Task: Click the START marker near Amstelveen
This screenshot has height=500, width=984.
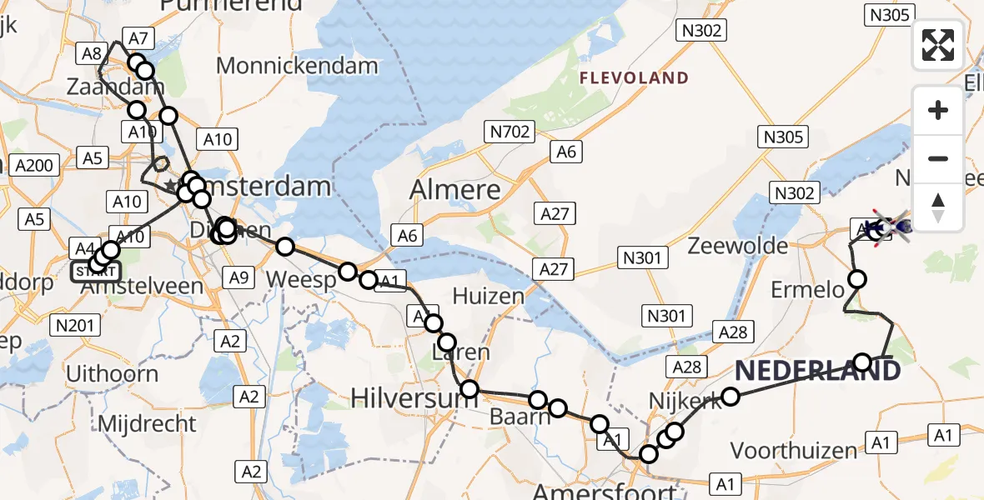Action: point(96,271)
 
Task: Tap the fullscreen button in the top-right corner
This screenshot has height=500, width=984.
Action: point(938,45)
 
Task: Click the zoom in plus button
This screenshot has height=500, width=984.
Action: point(938,110)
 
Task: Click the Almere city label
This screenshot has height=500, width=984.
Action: point(455,190)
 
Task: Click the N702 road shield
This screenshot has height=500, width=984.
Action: point(510,131)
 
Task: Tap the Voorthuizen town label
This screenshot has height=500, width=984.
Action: point(793,451)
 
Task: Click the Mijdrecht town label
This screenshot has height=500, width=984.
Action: point(147,423)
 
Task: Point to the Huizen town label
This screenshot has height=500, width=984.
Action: point(489,296)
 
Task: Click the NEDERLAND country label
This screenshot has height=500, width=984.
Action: point(817,369)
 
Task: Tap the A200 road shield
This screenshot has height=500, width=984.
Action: point(33,165)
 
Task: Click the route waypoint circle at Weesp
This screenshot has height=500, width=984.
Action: point(348,271)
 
